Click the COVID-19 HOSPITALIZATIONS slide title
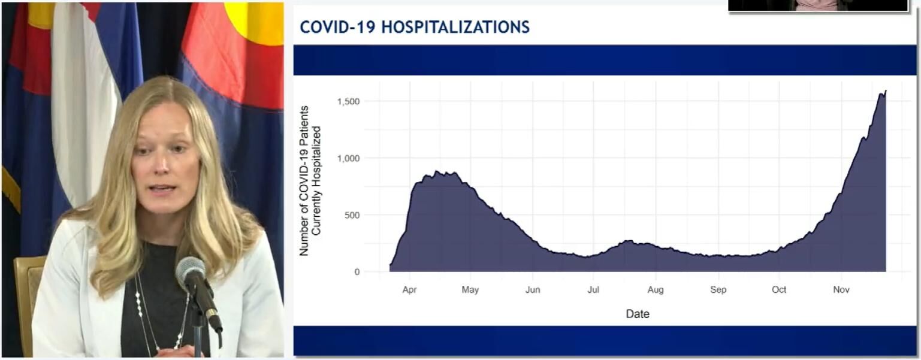click(x=415, y=27)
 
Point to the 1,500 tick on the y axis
click(x=348, y=101)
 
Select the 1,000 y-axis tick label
click(x=348, y=158)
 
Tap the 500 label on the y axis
click(x=352, y=215)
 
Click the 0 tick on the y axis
click(x=357, y=272)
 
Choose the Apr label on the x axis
click(x=409, y=290)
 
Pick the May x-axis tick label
click(x=470, y=290)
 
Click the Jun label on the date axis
click(x=532, y=290)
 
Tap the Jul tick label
click(x=593, y=290)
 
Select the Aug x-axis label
click(x=656, y=290)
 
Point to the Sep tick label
click(x=718, y=290)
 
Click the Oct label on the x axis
click(x=779, y=290)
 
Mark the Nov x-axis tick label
click(x=841, y=290)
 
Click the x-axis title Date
click(x=637, y=314)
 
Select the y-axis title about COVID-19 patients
click(x=310, y=181)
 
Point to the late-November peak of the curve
click(x=885, y=91)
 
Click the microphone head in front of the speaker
click(x=190, y=271)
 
